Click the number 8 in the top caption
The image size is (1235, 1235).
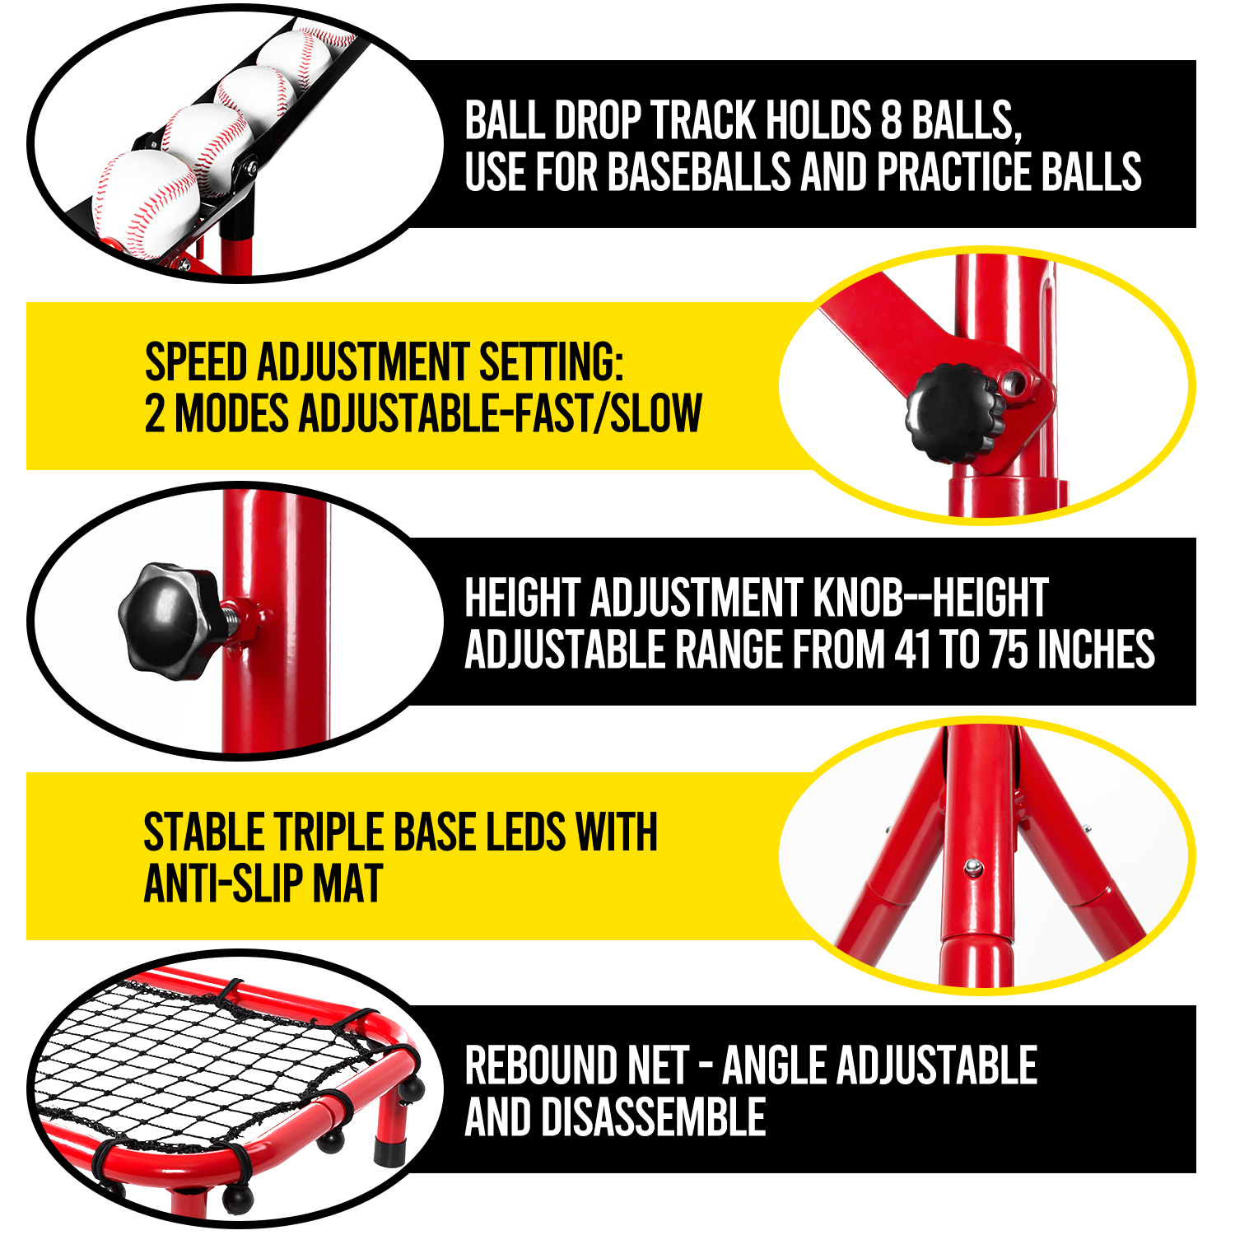point(892,120)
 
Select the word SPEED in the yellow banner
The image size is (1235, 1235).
point(196,363)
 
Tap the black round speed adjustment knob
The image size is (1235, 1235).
point(955,412)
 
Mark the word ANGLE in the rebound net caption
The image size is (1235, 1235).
point(776,1065)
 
